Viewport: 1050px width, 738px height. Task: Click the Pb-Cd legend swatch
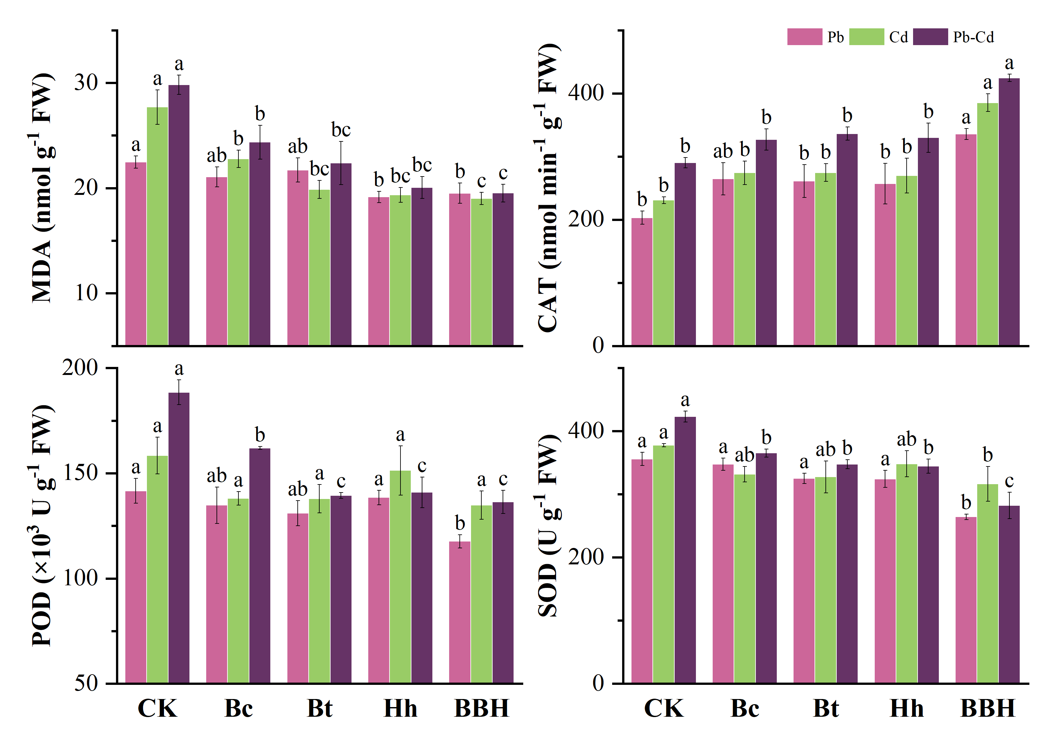930,37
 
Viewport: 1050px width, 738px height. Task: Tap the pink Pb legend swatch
804,37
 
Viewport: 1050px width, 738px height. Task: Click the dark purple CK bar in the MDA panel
179,215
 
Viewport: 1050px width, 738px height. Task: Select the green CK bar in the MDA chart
157,226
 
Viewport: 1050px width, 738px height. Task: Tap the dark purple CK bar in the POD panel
179,538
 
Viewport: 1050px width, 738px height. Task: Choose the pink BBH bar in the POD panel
460,612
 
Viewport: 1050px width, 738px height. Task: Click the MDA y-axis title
42,187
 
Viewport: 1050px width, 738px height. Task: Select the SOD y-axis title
548,526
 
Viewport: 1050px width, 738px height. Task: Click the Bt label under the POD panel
319,708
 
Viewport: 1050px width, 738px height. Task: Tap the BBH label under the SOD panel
988,708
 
